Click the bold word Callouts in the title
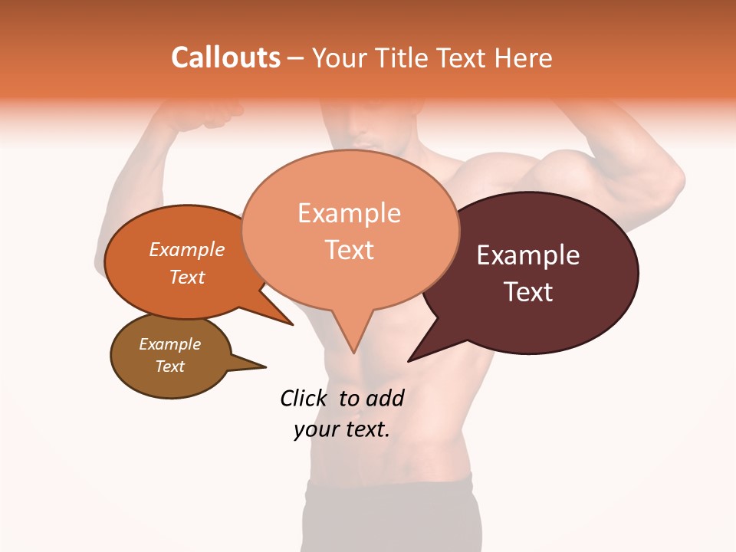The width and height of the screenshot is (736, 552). (225, 58)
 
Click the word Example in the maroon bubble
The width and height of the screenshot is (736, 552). (527, 255)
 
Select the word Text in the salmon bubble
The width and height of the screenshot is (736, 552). (350, 250)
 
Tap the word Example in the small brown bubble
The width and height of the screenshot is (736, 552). (169, 344)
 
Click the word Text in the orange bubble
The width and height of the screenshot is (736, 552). (187, 277)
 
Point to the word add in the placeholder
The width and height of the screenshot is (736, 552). (385, 398)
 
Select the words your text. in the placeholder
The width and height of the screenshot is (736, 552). (342, 429)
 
